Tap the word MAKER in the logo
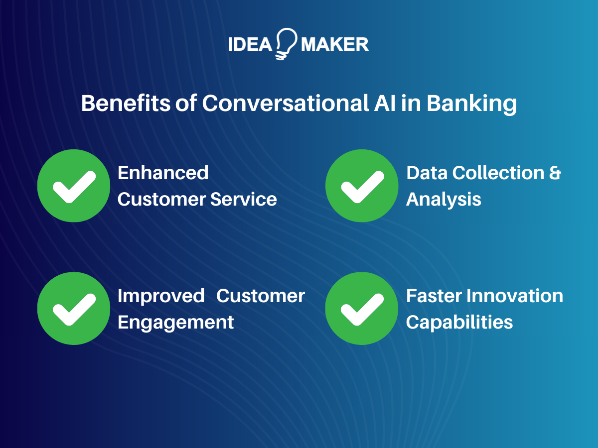click(335, 45)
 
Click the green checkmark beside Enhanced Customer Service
click(74, 186)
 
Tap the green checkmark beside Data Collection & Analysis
click(362, 186)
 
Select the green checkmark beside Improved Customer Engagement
click(74, 309)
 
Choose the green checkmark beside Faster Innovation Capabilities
click(362, 309)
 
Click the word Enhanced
click(163, 173)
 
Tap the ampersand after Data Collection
click(555, 173)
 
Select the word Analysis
click(444, 200)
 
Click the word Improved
click(161, 296)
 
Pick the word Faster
click(434, 296)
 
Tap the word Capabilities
click(459, 323)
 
